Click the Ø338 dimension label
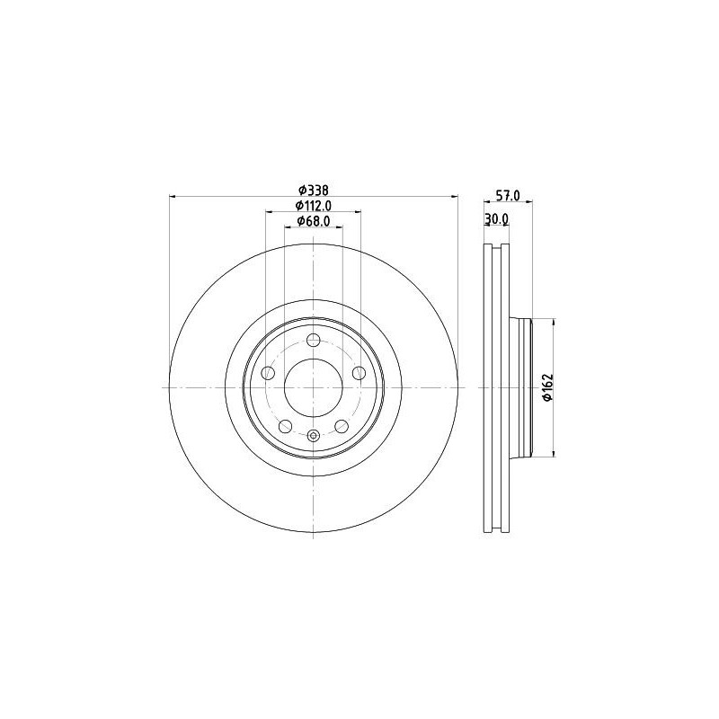[x=313, y=190]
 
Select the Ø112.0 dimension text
[x=313, y=205]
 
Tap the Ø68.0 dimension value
[x=314, y=221]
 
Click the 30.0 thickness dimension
[x=497, y=219]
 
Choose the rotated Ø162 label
[x=546, y=387]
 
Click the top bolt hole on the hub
[x=313, y=340]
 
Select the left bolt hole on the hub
[x=268, y=373]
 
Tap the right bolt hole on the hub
[x=359, y=373]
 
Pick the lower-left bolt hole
[x=285, y=426]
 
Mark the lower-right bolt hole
[x=342, y=426]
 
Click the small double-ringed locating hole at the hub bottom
[x=313, y=437]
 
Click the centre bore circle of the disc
[x=313, y=387]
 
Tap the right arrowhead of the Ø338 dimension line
[x=454, y=196]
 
